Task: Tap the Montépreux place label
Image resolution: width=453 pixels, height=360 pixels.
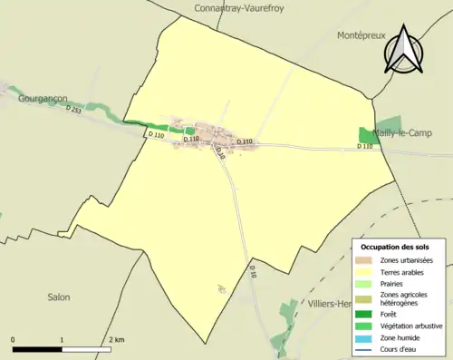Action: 361,35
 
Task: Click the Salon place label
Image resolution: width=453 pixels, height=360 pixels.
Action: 59,297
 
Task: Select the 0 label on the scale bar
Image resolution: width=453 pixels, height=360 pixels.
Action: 14,339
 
